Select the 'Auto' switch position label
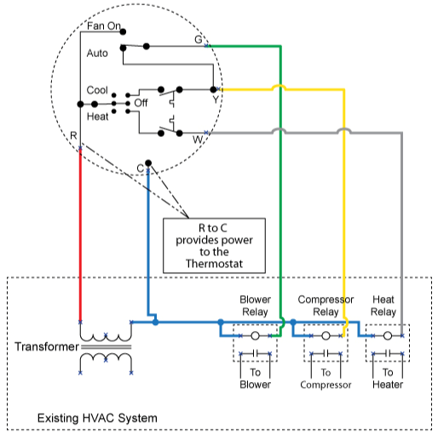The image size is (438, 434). click(98, 53)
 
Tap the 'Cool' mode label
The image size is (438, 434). click(97, 90)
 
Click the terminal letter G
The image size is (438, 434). click(199, 40)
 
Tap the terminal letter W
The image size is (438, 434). click(198, 138)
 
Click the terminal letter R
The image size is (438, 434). click(74, 136)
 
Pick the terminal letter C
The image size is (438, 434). click(140, 168)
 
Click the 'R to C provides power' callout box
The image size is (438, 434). click(214, 246)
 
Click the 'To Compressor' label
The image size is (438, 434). click(326, 379)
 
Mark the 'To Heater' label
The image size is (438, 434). click(388, 379)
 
